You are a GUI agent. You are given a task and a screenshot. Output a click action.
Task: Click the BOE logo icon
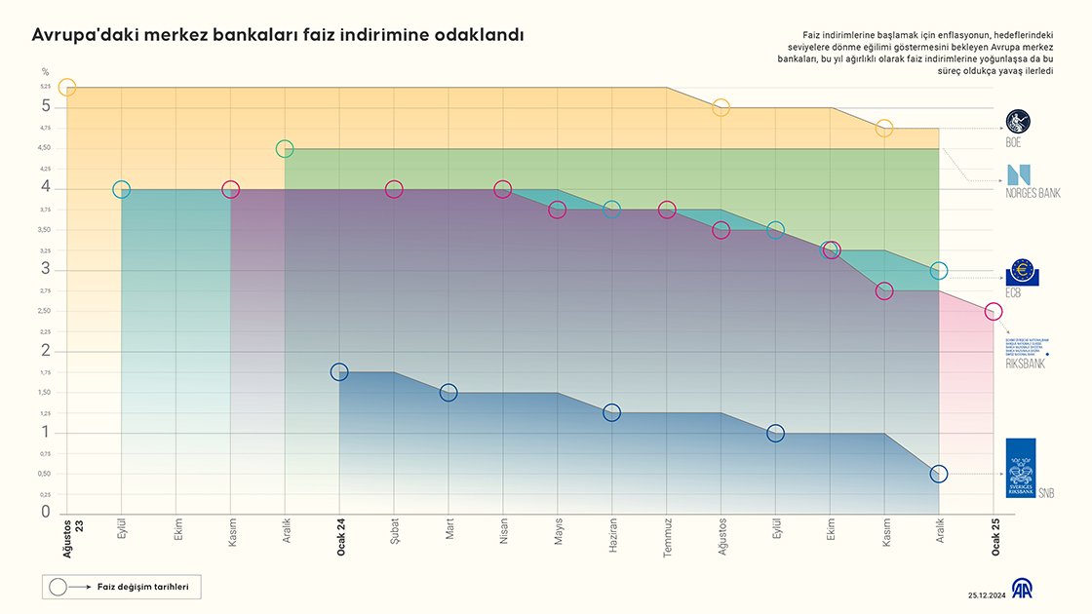pyautogui.click(x=1018, y=122)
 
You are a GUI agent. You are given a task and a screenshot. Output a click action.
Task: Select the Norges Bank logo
pyautogui.click(x=1018, y=174)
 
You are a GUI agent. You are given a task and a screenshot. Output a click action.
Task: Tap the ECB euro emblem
pyautogui.click(x=1023, y=271)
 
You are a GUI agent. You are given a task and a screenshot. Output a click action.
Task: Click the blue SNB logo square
pyautogui.click(x=1021, y=468)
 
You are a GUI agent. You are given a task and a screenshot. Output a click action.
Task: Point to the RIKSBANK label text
pyautogui.click(x=1025, y=364)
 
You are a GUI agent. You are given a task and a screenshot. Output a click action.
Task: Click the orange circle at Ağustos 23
pyautogui.click(x=66, y=87)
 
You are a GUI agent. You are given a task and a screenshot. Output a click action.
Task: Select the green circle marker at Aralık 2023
pyautogui.click(x=285, y=149)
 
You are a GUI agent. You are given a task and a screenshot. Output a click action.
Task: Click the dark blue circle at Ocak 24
pyautogui.click(x=339, y=371)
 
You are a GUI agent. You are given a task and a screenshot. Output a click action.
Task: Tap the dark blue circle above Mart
pyautogui.click(x=448, y=393)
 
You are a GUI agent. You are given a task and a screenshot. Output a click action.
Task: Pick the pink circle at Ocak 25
pyautogui.click(x=994, y=312)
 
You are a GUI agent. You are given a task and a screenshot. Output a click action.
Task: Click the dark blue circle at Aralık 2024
pyautogui.click(x=939, y=474)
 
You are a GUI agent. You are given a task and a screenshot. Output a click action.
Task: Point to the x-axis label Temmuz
pyautogui.click(x=668, y=534)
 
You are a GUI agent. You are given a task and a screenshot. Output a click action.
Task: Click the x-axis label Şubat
pyautogui.click(x=395, y=531)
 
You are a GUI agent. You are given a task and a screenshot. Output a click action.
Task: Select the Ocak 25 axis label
pyautogui.click(x=994, y=537)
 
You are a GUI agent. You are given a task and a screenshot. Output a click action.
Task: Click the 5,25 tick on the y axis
pyautogui.click(x=45, y=87)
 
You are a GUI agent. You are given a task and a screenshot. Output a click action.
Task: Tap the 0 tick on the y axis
pyautogui.click(x=45, y=512)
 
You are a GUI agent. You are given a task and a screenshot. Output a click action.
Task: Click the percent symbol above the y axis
pyautogui.click(x=45, y=71)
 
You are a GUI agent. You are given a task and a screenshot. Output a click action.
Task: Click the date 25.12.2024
pyautogui.click(x=987, y=595)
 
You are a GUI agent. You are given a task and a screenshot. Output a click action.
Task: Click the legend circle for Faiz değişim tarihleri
pyautogui.click(x=58, y=587)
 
